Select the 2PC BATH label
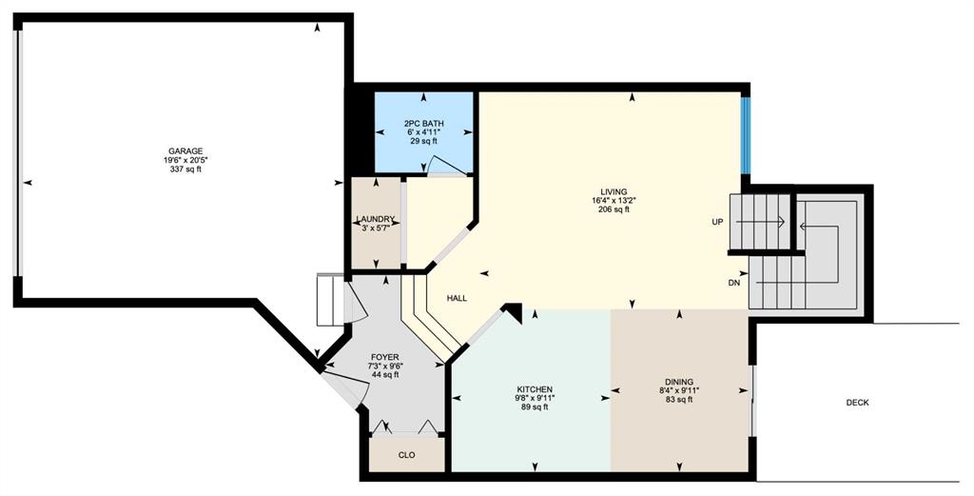pyautogui.click(x=423, y=124)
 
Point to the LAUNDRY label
pyautogui.click(x=375, y=219)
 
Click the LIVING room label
pyautogui.click(x=614, y=191)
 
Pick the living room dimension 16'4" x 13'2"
pyautogui.click(x=614, y=201)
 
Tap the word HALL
pyautogui.click(x=457, y=298)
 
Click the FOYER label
pyautogui.click(x=384, y=357)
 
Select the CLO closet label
pyautogui.click(x=406, y=455)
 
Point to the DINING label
pyautogui.click(x=678, y=382)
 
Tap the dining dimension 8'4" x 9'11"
pyautogui.click(x=678, y=390)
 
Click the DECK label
pyautogui.click(x=858, y=403)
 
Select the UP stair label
pyautogui.click(x=717, y=222)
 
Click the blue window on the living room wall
pyautogui.click(x=746, y=135)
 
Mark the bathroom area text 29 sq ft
pyautogui.click(x=423, y=141)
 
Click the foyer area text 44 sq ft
pyautogui.click(x=384, y=375)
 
